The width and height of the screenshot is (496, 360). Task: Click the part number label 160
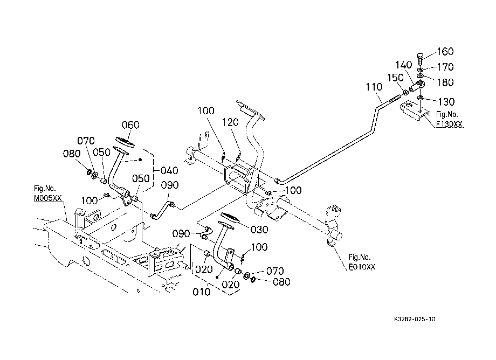[x=445, y=52]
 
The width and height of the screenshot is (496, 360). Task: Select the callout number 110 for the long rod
[x=374, y=87]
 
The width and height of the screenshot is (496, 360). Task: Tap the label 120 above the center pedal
[x=230, y=122]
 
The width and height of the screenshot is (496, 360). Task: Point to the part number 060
[x=130, y=125]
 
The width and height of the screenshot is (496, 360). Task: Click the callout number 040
[x=169, y=171]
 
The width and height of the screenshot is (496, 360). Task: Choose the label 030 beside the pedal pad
[x=259, y=230]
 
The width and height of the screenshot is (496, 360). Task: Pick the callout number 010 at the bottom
[x=202, y=292]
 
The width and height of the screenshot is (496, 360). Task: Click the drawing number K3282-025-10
[x=415, y=319]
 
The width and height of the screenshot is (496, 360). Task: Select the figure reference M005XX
[x=48, y=198]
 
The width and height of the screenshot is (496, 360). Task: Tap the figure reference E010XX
[x=362, y=267]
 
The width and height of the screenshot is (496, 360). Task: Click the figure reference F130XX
[x=449, y=124]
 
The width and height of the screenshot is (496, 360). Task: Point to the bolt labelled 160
[x=420, y=58]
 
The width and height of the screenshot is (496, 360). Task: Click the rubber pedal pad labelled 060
[x=125, y=142]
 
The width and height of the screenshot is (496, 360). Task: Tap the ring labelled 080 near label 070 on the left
[x=89, y=172]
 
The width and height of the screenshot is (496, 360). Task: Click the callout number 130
[x=446, y=102]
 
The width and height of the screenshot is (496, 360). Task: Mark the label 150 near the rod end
[x=395, y=78]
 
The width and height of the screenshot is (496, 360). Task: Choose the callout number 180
[x=445, y=82]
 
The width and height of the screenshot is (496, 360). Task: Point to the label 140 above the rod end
[x=404, y=65]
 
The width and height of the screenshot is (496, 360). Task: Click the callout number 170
[x=445, y=67]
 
